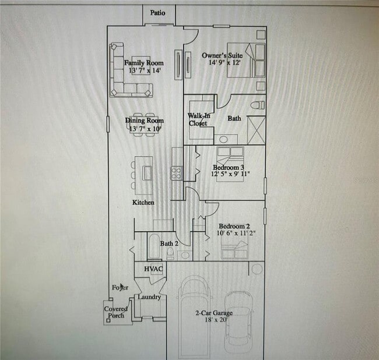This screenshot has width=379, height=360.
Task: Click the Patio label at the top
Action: [157, 12]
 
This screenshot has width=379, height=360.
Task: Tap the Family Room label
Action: [143, 63]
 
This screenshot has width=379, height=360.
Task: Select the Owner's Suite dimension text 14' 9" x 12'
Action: [221, 62]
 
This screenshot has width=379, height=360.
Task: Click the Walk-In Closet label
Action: [198, 119]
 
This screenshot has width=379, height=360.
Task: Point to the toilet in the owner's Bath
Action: [254, 105]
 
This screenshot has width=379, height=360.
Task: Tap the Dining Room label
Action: [145, 121]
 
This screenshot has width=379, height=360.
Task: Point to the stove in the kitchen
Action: [177, 172]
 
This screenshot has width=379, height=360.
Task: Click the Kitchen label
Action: [143, 202]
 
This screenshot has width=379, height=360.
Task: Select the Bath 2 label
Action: [169, 243]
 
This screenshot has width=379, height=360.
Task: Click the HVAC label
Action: [153, 269]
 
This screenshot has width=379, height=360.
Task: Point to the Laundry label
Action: [149, 297]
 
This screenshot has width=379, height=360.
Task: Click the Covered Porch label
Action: [116, 312]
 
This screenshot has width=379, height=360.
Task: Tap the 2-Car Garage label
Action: [212, 312]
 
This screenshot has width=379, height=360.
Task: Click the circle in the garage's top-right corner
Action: [257, 269]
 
